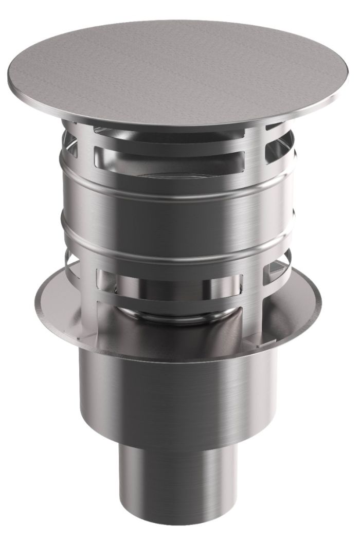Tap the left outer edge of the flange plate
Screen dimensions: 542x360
(x=39, y=298)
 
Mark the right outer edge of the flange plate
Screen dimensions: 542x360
(x=319, y=298)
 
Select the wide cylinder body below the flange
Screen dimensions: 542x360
(x=175, y=391)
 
